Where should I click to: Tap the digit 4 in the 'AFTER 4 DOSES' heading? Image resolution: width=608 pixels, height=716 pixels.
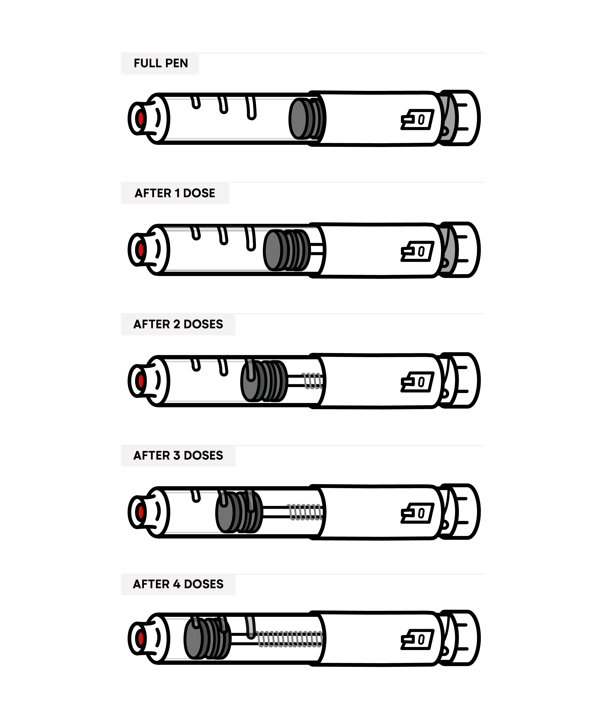point(177,584)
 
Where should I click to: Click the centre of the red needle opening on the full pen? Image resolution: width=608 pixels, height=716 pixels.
point(141,119)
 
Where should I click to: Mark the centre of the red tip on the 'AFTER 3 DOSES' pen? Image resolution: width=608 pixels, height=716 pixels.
point(141,512)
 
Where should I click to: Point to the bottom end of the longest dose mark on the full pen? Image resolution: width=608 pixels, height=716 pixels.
point(252,118)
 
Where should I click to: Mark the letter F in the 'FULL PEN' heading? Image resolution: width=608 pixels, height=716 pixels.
point(137,64)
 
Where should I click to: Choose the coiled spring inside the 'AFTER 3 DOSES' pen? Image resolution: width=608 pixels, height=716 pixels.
point(306,512)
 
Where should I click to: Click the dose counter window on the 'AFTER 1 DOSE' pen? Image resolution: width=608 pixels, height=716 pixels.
point(417,251)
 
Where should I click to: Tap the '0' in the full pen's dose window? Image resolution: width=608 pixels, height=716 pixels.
point(421,120)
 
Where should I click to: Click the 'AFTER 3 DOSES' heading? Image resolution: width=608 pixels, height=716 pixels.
point(178,456)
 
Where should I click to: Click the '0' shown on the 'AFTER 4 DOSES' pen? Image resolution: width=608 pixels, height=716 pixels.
point(421,640)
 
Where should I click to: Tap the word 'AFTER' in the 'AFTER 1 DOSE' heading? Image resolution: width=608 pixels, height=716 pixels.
point(153,193)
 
